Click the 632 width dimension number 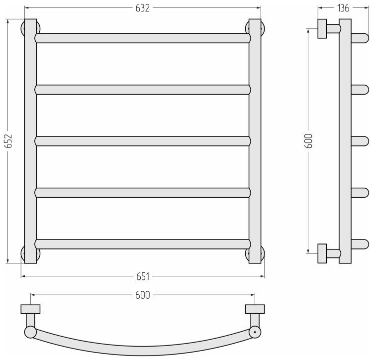[143, 8]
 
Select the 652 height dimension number [8, 141]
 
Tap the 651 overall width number [143, 276]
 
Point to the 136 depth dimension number [343, 8]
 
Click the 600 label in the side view [308, 141]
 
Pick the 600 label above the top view [143, 295]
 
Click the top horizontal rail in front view [143, 38]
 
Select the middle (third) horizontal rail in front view [143, 141]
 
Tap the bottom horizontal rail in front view [143, 244]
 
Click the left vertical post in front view [30, 141]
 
